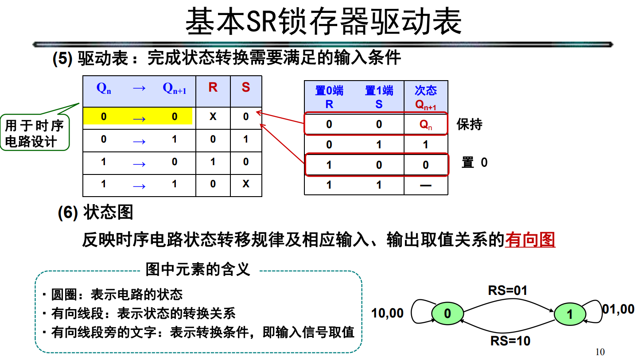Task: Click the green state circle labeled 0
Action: click(447, 314)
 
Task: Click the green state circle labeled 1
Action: click(570, 314)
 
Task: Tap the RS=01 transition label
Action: click(508, 290)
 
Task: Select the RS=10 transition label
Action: click(510, 341)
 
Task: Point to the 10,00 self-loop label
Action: click(387, 313)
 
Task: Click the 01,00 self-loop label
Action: click(618, 309)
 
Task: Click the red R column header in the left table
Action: click(213, 88)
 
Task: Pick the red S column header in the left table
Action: click(245, 88)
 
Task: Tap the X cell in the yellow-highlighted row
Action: click(213, 117)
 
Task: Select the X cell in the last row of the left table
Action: click(246, 183)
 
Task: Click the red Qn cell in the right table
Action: click(426, 125)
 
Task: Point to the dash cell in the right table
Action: click(425, 185)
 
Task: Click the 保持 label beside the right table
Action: click(469, 124)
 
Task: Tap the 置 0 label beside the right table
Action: click(474, 163)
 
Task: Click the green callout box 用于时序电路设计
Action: click(35, 134)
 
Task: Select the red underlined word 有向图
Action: click(530, 240)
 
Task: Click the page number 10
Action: click(600, 352)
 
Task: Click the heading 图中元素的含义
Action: click(198, 269)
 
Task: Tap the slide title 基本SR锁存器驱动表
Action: click(323, 22)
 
